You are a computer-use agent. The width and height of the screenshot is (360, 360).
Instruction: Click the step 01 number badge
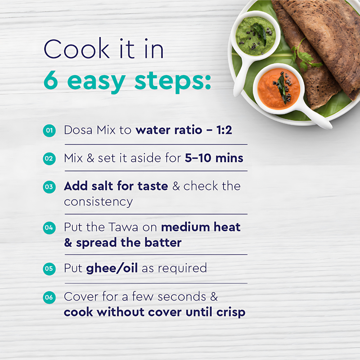[49, 131]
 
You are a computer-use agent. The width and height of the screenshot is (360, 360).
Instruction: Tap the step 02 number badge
[49, 159]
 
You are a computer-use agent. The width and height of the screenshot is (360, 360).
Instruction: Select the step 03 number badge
[49, 187]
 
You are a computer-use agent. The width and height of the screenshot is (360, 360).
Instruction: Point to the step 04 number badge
[49, 228]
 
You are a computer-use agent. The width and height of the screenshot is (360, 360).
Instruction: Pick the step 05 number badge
[49, 269]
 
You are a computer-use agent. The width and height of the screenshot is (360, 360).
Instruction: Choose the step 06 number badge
[49, 298]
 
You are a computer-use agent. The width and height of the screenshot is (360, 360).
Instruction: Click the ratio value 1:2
[224, 130]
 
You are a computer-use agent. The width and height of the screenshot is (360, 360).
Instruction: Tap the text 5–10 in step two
[198, 158]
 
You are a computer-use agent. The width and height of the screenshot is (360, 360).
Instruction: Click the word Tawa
[123, 227]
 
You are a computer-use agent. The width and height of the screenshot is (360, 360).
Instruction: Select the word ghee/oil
[112, 268]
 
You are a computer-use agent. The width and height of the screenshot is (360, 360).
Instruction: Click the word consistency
[98, 202]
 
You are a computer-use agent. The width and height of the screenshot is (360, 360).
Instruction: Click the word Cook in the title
[77, 49]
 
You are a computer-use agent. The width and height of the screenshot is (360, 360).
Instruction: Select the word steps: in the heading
[173, 81]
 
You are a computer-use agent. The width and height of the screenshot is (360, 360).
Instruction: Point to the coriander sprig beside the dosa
[303, 56]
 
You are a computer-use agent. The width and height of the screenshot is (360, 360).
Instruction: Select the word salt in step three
[103, 186]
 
